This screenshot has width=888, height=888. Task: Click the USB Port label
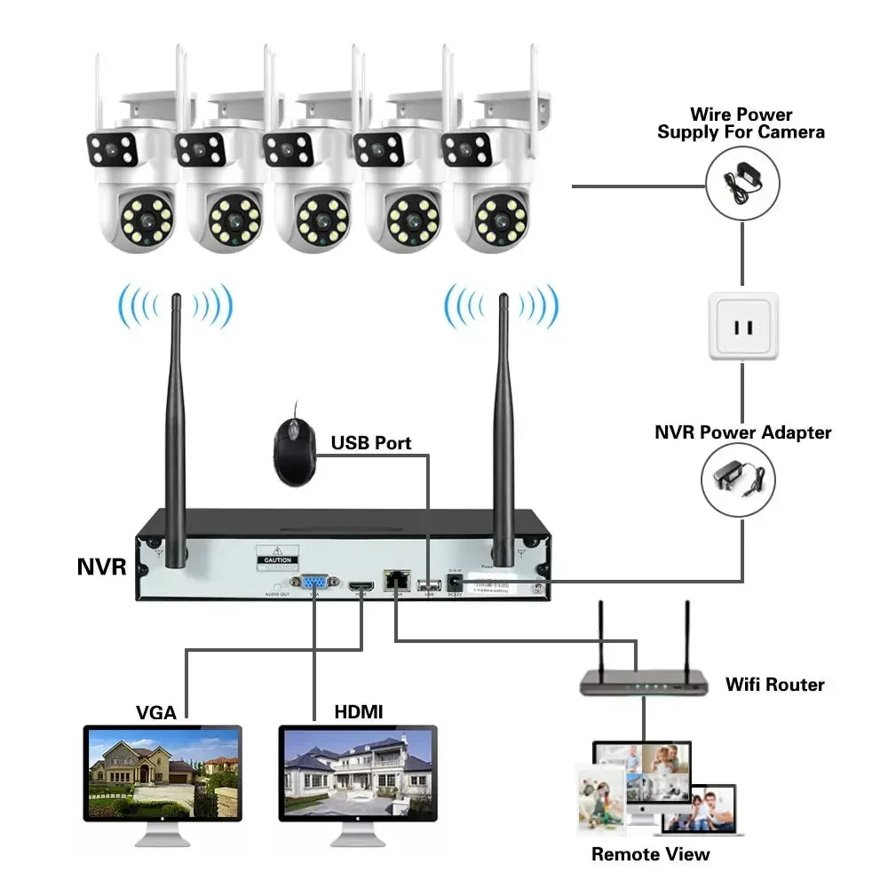pyautogui.click(x=371, y=442)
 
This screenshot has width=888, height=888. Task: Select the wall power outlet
pyautogui.click(x=743, y=327)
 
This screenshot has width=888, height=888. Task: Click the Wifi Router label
pyautogui.click(x=774, y=685)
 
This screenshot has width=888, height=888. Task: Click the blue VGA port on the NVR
pyautogui.click(x=313, y=583)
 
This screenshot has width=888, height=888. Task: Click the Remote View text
pyautogui.click(x=651, y=854)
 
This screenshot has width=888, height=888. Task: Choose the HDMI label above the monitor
pyautogui.click(x=359, y=711)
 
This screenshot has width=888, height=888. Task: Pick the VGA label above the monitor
pyautogui.click(x=156, y=711)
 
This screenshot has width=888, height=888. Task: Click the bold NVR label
pyautogui.click(x=103, y=567)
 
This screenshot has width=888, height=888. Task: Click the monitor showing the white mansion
pyautogui.click(x=358, y=774)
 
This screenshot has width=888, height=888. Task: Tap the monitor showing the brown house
pyautogui.click(x=163, y=774)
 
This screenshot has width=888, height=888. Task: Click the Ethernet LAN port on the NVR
pyautogui.click(x=394, y=582)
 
